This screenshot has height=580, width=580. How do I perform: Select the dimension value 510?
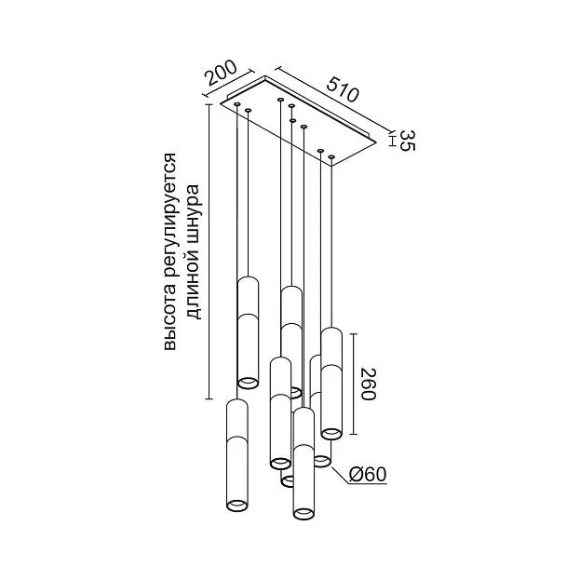pos(343,89)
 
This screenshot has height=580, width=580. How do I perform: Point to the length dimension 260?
pos(368,384)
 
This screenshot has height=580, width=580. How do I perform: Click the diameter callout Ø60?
pos(368,474)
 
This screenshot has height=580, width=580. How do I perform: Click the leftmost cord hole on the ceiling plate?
pos(237,104)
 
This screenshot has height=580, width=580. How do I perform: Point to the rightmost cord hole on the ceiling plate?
pos(331,157)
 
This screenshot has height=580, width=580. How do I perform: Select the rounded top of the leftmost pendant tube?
pos(236,403)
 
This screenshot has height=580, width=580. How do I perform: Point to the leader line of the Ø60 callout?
pos(341,476)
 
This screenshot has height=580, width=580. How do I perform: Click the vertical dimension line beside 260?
pos(354,384)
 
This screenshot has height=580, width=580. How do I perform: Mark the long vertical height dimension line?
pos(209,251)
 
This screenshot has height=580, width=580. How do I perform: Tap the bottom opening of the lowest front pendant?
pos(304,513)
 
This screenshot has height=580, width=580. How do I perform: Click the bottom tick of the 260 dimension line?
pos(354,434)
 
